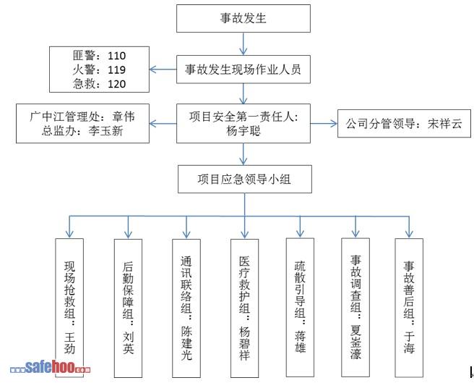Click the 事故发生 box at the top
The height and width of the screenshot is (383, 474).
pos(243,18)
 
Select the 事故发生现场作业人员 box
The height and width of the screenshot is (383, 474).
pos(243,70)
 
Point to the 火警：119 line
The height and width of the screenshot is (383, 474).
pos(100,70)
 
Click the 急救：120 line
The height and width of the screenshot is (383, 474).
pos(100,85)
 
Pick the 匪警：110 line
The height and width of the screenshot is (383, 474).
pos(100,56)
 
